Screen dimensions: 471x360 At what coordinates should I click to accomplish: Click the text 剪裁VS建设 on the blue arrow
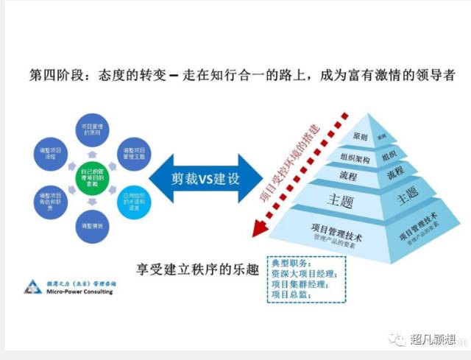pos(202,180)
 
